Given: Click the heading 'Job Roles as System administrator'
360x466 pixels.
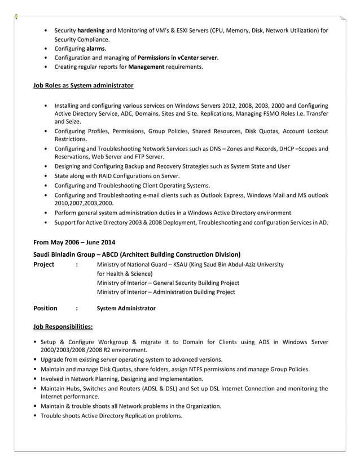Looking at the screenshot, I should (84, 85).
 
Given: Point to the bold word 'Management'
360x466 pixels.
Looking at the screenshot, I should (146, 67).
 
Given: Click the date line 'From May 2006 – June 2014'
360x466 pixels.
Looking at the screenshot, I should (74, 243).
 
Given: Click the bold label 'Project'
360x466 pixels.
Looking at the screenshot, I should (44, 264).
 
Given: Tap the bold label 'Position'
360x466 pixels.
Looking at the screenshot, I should (45, 308).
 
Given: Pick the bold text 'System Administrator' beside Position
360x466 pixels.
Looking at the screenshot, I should (126, 309).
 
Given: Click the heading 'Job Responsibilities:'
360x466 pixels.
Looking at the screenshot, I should (63, 327).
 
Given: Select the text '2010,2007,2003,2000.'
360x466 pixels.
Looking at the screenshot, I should (84, 203).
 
